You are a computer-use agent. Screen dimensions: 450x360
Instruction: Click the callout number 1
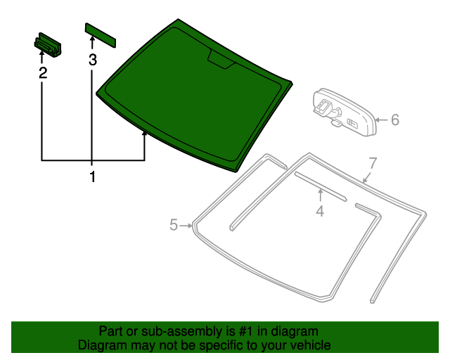[92, 176]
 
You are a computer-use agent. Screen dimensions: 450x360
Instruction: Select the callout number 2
[43, 73]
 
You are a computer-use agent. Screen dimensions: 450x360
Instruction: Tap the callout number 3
[92, 60]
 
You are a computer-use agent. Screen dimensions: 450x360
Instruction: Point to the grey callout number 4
[320, 212]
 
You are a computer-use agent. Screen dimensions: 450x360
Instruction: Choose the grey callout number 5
[174, 224]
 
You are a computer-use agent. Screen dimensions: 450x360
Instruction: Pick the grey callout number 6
[395, 120]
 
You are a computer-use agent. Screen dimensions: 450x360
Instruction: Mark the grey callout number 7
[372, 163]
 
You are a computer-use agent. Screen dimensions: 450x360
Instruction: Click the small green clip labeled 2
[48, 44]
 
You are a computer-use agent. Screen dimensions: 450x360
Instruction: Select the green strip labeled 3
[101, 35]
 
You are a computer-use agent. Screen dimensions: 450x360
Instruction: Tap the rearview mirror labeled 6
[345, 112]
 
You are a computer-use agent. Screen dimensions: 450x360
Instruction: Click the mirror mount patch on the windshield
[221, 59]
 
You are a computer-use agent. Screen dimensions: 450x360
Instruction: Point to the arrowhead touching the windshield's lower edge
[144, 134]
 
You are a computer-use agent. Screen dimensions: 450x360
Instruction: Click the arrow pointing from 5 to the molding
[186, 226]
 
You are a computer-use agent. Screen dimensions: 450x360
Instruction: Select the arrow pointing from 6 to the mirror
[382, 120]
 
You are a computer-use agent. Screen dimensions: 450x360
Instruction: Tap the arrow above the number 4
[321, 195]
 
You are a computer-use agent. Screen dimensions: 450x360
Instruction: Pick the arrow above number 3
[92, 44]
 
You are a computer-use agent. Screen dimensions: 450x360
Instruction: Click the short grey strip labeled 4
[321, 186]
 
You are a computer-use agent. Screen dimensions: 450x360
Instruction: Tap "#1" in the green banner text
[246, 332]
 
